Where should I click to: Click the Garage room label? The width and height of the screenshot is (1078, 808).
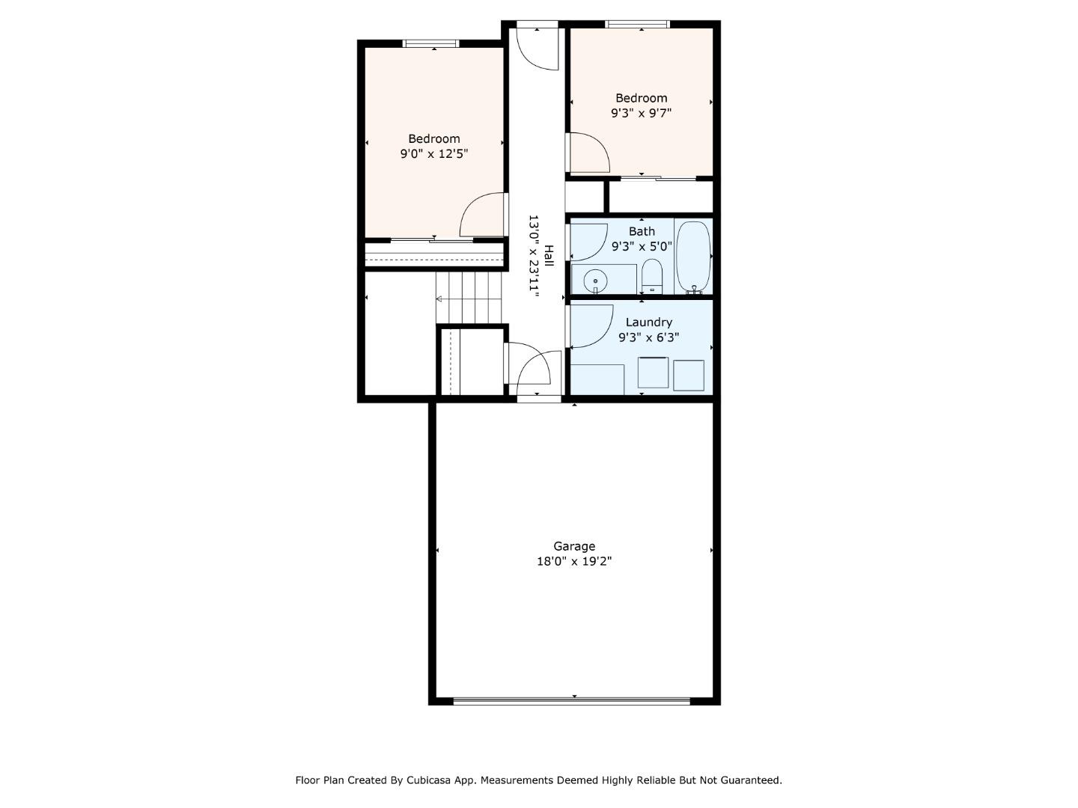point(573,546)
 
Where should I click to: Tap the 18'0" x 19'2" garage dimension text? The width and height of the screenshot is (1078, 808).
point(573,561)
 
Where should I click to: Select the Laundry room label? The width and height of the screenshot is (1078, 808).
point(649,322)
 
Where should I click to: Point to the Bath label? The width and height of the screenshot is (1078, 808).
point(642,231)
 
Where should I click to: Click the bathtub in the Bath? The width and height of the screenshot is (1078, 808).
point(693,257)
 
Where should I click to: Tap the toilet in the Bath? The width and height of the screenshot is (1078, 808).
point(652,276)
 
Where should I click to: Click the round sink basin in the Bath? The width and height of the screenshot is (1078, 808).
point(595,281)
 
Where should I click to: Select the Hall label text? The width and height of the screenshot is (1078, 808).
point(549,256)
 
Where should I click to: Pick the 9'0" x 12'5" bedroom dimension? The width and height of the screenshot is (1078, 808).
point(433,154)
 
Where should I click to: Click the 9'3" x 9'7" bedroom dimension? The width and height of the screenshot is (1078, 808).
point(641,113)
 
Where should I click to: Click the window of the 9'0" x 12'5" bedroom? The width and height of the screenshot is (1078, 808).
point(430,43)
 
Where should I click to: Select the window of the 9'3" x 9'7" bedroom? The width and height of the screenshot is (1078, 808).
point(637,24)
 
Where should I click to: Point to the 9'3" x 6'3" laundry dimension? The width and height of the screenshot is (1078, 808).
point(649,337)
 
